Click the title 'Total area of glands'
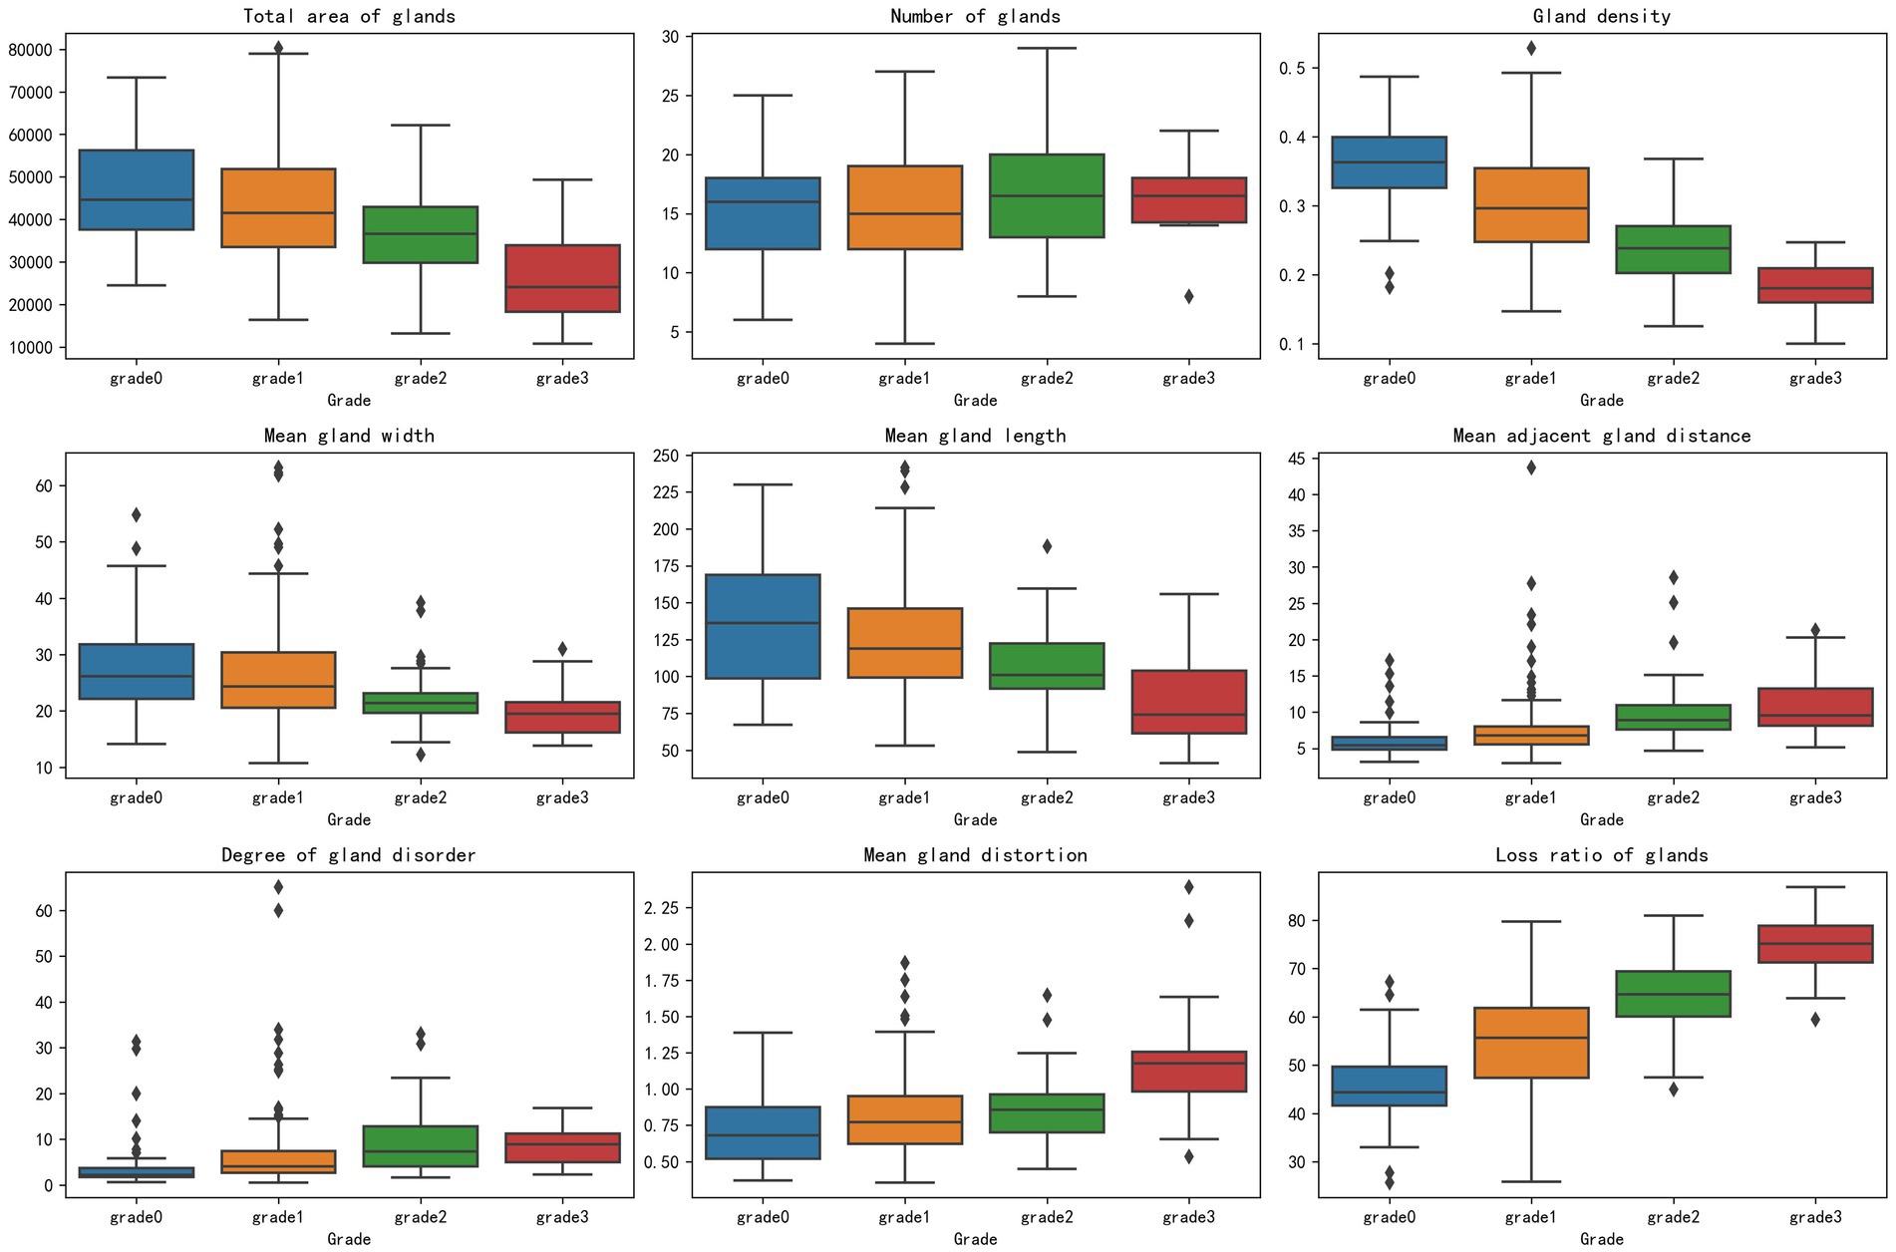(x=349, y=16)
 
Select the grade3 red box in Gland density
(x=1814, y=285)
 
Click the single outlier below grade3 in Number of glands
(x=1188, y=296)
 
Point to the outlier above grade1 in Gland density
(x=1530, y=48)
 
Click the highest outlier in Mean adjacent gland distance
(x=1530, y=468)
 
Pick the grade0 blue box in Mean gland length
(x=763, y=626)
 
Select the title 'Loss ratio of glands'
(x=1601, y=855)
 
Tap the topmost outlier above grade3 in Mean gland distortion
(x=1188, y=887)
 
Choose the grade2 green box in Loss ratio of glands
(x=1673, y=994)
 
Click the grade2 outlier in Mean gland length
(x=1047, y=546)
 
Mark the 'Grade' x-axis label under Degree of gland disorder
(x=349, y=1239)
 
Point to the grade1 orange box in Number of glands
(x=904, y=207)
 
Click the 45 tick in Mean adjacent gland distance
(x=1295, y=459)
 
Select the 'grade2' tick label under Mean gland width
(x=420, y=797)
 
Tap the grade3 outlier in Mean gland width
(x=562, y=649)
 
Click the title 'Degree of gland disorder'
(x=349, y=855)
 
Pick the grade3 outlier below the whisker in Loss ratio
(x=1814, y=1020)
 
